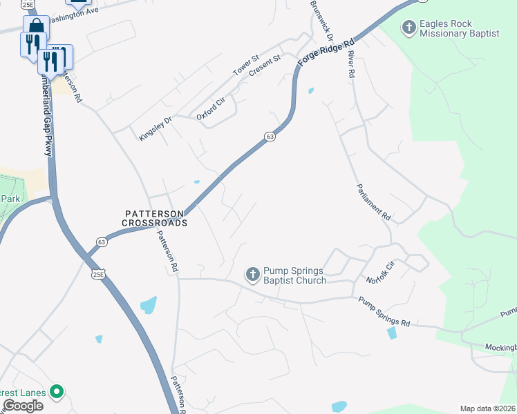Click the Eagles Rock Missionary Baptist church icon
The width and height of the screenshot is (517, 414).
pyautogui.click(x=409, y=28)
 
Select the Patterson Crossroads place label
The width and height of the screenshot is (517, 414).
pyautogui.click(x=155, y=219)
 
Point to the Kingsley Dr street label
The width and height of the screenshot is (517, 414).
pyautogui.click(x=153, y=128)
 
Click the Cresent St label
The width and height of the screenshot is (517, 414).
pyautogui.click(x=265, y=68)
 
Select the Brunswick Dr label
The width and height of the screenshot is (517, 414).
pyautogui.click(x=322, y=19)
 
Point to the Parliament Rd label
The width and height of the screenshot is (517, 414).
pyautogui.click(x=373, y=202)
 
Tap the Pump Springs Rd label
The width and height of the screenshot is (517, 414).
pyautogui.click(x=384, y=312)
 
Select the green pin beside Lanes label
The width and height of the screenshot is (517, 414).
pyautogui.click(x=57, y=393)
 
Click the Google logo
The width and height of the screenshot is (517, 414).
pyautogui.click(x=23, y=406)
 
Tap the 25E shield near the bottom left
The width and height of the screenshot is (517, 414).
pyautogui.click(x=100, y=275)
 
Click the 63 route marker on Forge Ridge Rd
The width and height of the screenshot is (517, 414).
pyautogui.click(x=270, y=137)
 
